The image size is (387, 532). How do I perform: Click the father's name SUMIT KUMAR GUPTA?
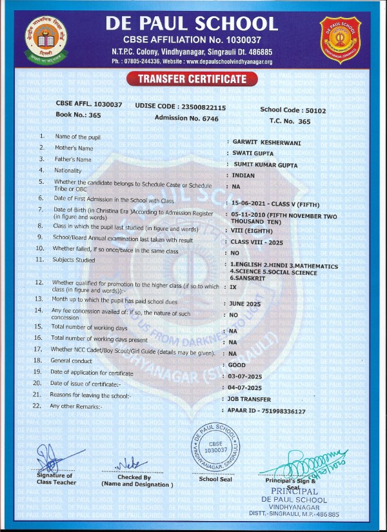[x=266, y=165]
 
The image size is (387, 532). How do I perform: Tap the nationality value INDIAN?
[x=244, y=175]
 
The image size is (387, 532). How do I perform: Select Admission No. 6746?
[x=186, y=119]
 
